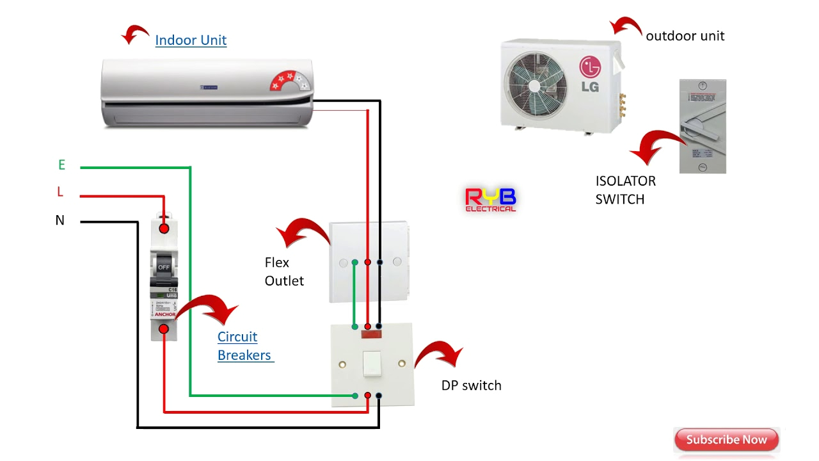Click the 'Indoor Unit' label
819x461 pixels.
pos(191,40)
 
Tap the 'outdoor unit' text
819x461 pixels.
pos(685,36)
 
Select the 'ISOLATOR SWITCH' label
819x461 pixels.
pos(625,190)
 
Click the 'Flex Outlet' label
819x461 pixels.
pos(283,271)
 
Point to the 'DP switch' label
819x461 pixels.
pos(471,385)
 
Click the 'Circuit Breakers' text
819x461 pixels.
pos(244,346)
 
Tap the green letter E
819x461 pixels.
pos(61,165)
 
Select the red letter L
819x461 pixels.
pos(60,192)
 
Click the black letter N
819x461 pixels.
pos(60,220)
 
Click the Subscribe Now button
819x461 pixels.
pos(726,440)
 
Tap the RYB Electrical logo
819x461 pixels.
pos(490,200)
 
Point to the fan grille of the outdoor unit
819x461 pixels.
pos(536,83)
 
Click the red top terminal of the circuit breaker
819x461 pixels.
pos(164,229)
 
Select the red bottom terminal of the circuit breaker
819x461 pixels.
pos(164,328)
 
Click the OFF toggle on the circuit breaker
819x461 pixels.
pos(164,266)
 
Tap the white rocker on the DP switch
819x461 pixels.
pos(372,364)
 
